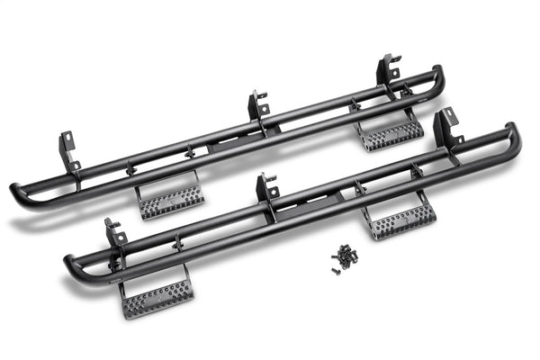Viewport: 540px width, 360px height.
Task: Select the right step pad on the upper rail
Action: click(x=391, y=135)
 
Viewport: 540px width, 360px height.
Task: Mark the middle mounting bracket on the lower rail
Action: click(x=266, y=188)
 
